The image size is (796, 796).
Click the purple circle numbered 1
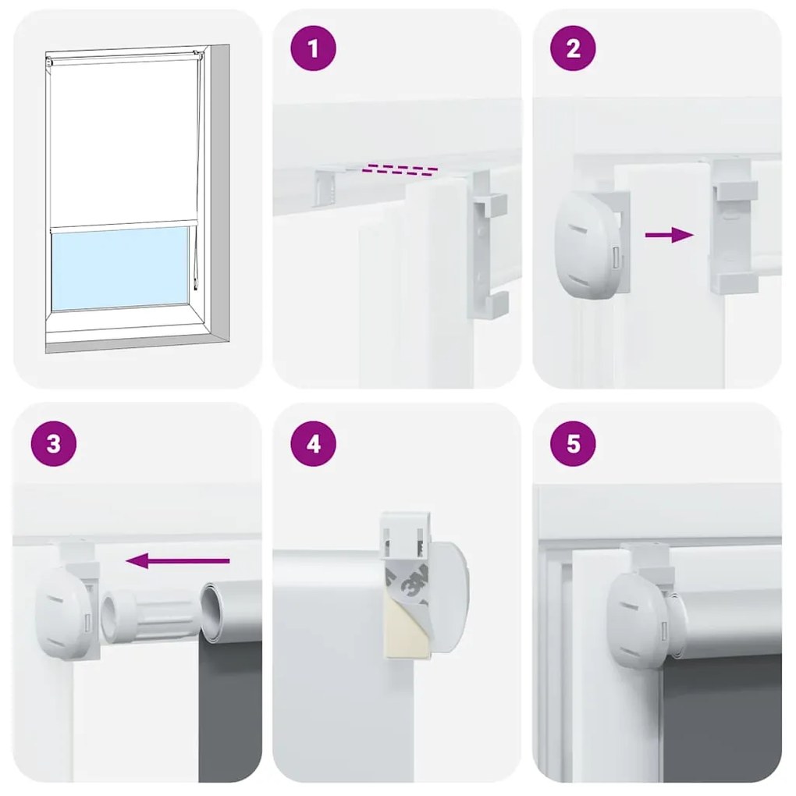[314, 50]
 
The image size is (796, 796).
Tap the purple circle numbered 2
[574, 50]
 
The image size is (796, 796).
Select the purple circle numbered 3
[53, 444]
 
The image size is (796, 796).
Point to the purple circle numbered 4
[314, 444]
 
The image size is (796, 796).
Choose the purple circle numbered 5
[574, 444]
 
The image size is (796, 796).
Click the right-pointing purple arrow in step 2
[670, 235]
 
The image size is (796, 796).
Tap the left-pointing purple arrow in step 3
[178, 560]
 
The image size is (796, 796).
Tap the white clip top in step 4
[407, 530]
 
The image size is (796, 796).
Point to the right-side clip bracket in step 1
[487, 246]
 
